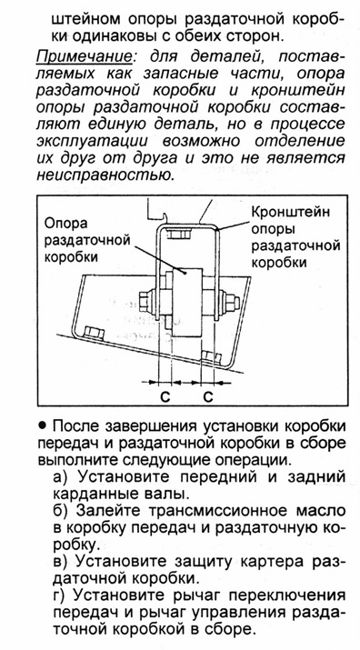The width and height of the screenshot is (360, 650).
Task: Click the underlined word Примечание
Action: (x=85, y=56)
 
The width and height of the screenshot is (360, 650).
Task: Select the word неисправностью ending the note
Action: (x=105, y=175)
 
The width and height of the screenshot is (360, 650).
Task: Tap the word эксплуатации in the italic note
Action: (x=93, y=141)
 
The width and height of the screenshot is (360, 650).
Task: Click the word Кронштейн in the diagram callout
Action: (x=291, y=212)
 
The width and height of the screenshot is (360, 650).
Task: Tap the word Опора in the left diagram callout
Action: (x=66, y=224)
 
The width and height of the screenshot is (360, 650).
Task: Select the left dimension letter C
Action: (x=165, y=396)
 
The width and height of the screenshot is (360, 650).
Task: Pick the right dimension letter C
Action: (x=208, y=396)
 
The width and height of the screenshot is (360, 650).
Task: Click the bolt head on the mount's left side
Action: (x=147, y=302)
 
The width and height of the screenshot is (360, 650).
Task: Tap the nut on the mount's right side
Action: (x=229, y=302)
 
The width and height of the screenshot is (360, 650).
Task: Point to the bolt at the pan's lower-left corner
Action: (x=94, y=333)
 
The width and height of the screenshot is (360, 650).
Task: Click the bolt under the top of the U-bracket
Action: (x=180, y=233)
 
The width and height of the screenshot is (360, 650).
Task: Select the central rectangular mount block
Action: (x=187, y=302)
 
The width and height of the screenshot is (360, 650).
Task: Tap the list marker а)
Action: (x=62, y=476)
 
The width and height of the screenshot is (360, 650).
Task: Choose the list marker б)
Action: (x=62, y=510)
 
